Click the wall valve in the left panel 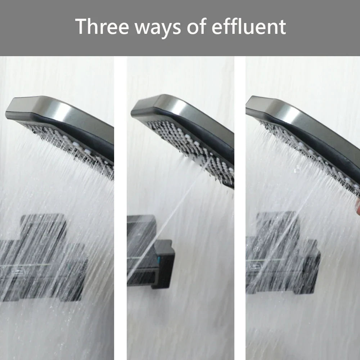47,256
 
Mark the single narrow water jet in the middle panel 180,202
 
